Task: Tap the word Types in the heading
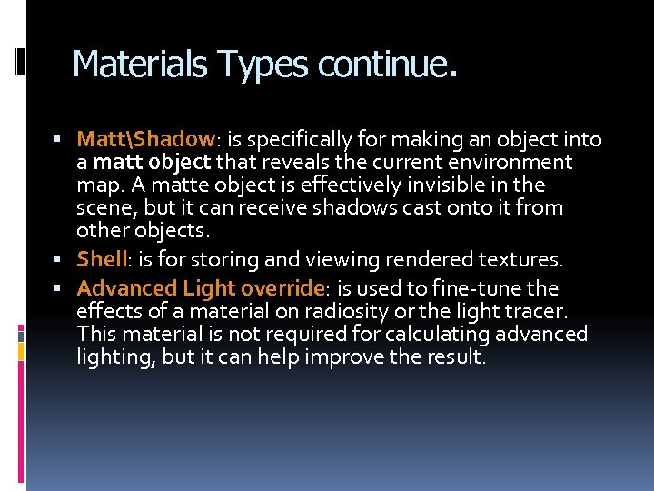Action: [264, 65]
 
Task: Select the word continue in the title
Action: [382, 65]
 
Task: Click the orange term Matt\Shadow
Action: [145, 139]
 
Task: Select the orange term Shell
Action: [100, 259]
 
